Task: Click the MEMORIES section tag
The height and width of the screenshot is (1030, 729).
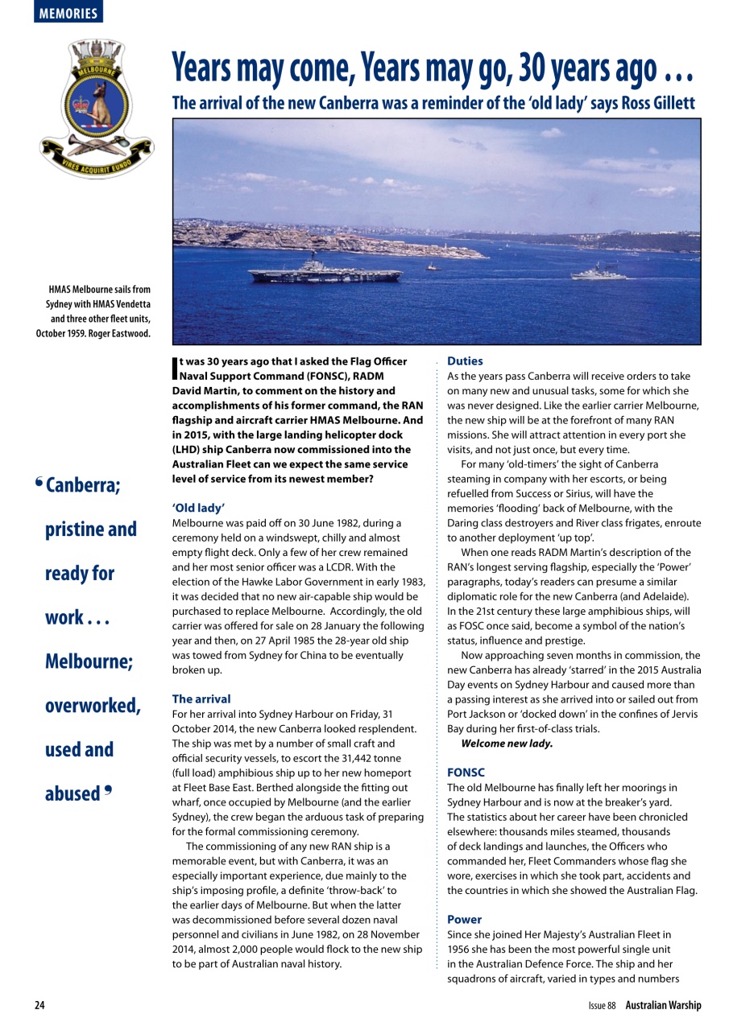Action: click(x=68, y=13)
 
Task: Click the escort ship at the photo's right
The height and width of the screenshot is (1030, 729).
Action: click(x=598, y=274)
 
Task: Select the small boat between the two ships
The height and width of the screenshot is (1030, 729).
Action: click(x=433, y=266)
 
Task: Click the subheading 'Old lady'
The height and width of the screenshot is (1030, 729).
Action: click(x=198, y=509)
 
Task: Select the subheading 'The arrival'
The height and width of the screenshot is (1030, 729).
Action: click(x=201, y=699)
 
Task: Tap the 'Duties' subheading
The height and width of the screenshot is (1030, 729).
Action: click(x=465, y=362)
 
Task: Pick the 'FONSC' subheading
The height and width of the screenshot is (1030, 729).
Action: click(x=466, y=772)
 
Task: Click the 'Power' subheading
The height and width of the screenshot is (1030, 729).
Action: click(x=465, y=919)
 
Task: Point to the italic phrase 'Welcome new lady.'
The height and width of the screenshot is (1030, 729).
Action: click(x=507, y=743)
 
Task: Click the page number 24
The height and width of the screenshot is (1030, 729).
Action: click(x=39, y=1005)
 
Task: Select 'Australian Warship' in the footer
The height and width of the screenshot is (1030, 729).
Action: click(x=663, y=1005)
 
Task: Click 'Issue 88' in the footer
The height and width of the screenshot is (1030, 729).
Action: click(x=602, y=1005)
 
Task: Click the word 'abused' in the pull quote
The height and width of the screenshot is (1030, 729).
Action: click(x=72, y=793)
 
